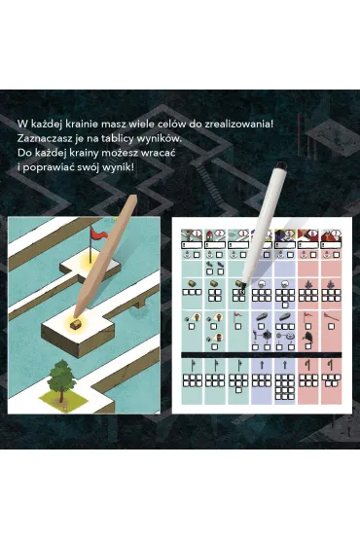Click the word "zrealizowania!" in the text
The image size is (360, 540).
point(238,125)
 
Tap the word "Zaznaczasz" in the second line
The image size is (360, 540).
point(41,138)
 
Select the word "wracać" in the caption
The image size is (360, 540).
point(159,152)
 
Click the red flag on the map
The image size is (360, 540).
point(97,234)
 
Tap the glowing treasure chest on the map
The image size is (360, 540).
point(75,323)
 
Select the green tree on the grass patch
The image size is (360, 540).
point(61,378)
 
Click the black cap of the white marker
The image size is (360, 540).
point(281,165)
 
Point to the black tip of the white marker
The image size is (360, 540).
point(242,285)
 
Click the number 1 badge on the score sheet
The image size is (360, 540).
point(198,234)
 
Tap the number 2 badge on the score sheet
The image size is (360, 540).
point(221,234)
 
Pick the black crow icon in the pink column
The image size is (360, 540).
point(308,338)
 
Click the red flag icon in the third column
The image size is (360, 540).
point(237,316)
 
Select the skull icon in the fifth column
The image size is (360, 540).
point(285,284)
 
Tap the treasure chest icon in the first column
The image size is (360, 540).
point(192,284)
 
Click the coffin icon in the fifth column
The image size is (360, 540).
point(285,317)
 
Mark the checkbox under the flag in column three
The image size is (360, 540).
point(238,326)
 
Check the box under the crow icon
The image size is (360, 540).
point(308,346)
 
